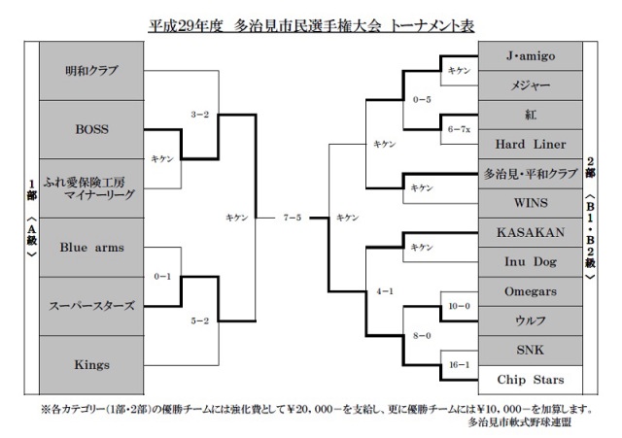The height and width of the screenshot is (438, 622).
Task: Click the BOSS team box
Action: click(91, 129)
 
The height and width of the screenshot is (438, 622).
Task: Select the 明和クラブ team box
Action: click(91, 71)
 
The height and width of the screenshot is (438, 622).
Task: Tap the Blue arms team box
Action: click(91, 248)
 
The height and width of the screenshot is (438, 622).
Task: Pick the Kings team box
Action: click(91, 364)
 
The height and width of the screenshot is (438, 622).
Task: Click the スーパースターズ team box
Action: click(91, 306)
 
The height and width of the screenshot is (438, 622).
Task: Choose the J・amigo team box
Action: click(531, 56)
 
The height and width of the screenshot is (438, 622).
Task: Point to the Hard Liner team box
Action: click(531, 145)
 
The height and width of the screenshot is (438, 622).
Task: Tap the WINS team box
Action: click(531, 203)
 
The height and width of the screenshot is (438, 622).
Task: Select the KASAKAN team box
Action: click(531, 232)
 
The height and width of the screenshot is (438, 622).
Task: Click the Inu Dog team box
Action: click(531, 261)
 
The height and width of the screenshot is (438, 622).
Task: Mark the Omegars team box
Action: click(531, 291)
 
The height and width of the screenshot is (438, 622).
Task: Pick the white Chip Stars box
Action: click(531, 380)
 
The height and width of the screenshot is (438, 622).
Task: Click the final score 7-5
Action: click(293, 218)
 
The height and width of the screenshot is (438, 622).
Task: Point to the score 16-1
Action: click(460, 364)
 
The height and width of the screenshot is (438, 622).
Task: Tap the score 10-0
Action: click(460, 306)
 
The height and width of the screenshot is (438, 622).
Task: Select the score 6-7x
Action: click(460, 129)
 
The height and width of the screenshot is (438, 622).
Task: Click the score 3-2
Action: click(199, 115)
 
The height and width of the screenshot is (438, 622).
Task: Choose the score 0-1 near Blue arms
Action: click(162, 276)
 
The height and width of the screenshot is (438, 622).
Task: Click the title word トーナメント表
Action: click(432, 26)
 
